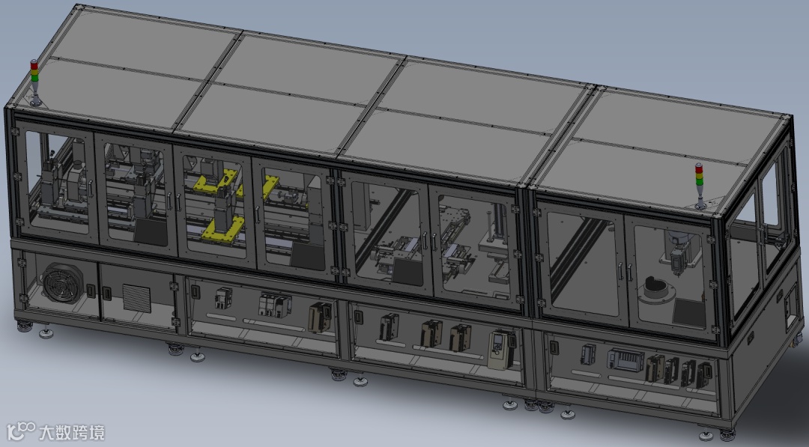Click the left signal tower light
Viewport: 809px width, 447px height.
click(x=34, y=82)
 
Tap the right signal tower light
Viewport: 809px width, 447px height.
click(x=699, y=186)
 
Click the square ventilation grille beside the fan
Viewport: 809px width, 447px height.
click(x=137, y=298)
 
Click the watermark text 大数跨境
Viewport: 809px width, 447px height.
click(x=72, y=432)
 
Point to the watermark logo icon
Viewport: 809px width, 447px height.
click(x=21, y=431)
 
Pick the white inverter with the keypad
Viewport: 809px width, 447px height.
click(x=501, y=349)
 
